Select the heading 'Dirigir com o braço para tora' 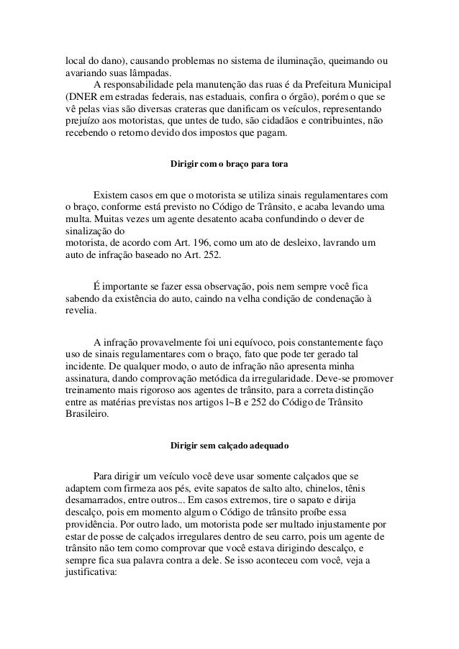coord(229,165)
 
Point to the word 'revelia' coord(75,312)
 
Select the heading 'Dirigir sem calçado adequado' coord(229,447)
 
